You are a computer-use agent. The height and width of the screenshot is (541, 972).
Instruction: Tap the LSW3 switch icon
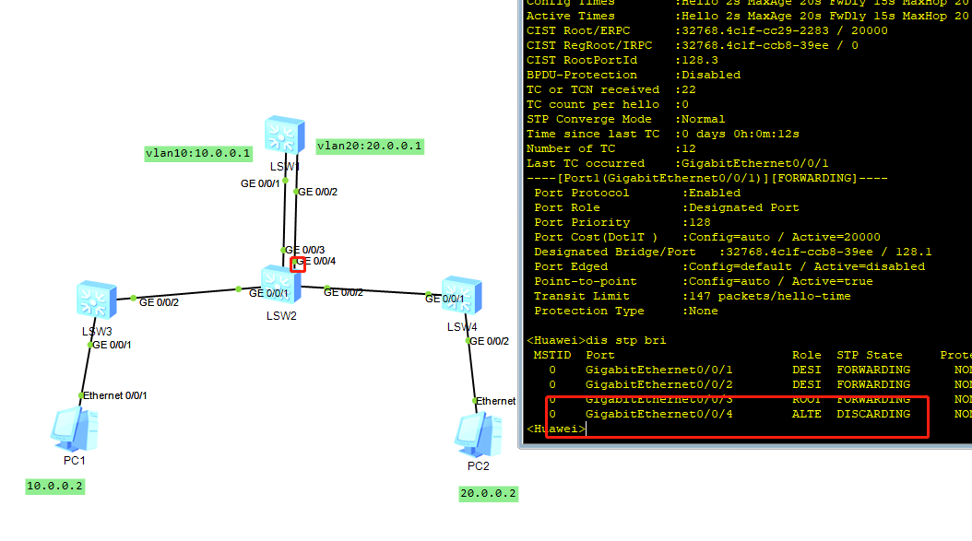coord(96,300)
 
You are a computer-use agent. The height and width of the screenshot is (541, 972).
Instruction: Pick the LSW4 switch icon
coord(459,294)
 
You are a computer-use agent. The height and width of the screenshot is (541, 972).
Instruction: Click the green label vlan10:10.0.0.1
coord(198,153)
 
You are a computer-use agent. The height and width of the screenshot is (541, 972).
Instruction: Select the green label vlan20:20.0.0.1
coord(370,146)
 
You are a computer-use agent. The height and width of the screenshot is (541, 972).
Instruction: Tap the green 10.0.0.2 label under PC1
coord(55,486)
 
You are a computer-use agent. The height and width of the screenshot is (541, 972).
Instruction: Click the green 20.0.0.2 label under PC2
coord(489,493)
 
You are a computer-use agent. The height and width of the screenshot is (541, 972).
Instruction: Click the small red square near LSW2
coord(298,265)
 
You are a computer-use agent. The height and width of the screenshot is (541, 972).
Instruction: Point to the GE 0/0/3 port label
coord(304,250)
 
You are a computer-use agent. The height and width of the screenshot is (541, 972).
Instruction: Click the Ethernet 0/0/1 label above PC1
coord(116,395)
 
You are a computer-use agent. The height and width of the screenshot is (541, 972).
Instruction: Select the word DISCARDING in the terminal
coord(873,414)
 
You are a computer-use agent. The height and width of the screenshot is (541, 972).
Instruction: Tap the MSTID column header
coord(552,355)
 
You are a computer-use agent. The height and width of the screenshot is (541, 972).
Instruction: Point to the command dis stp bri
coord(629,340)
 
